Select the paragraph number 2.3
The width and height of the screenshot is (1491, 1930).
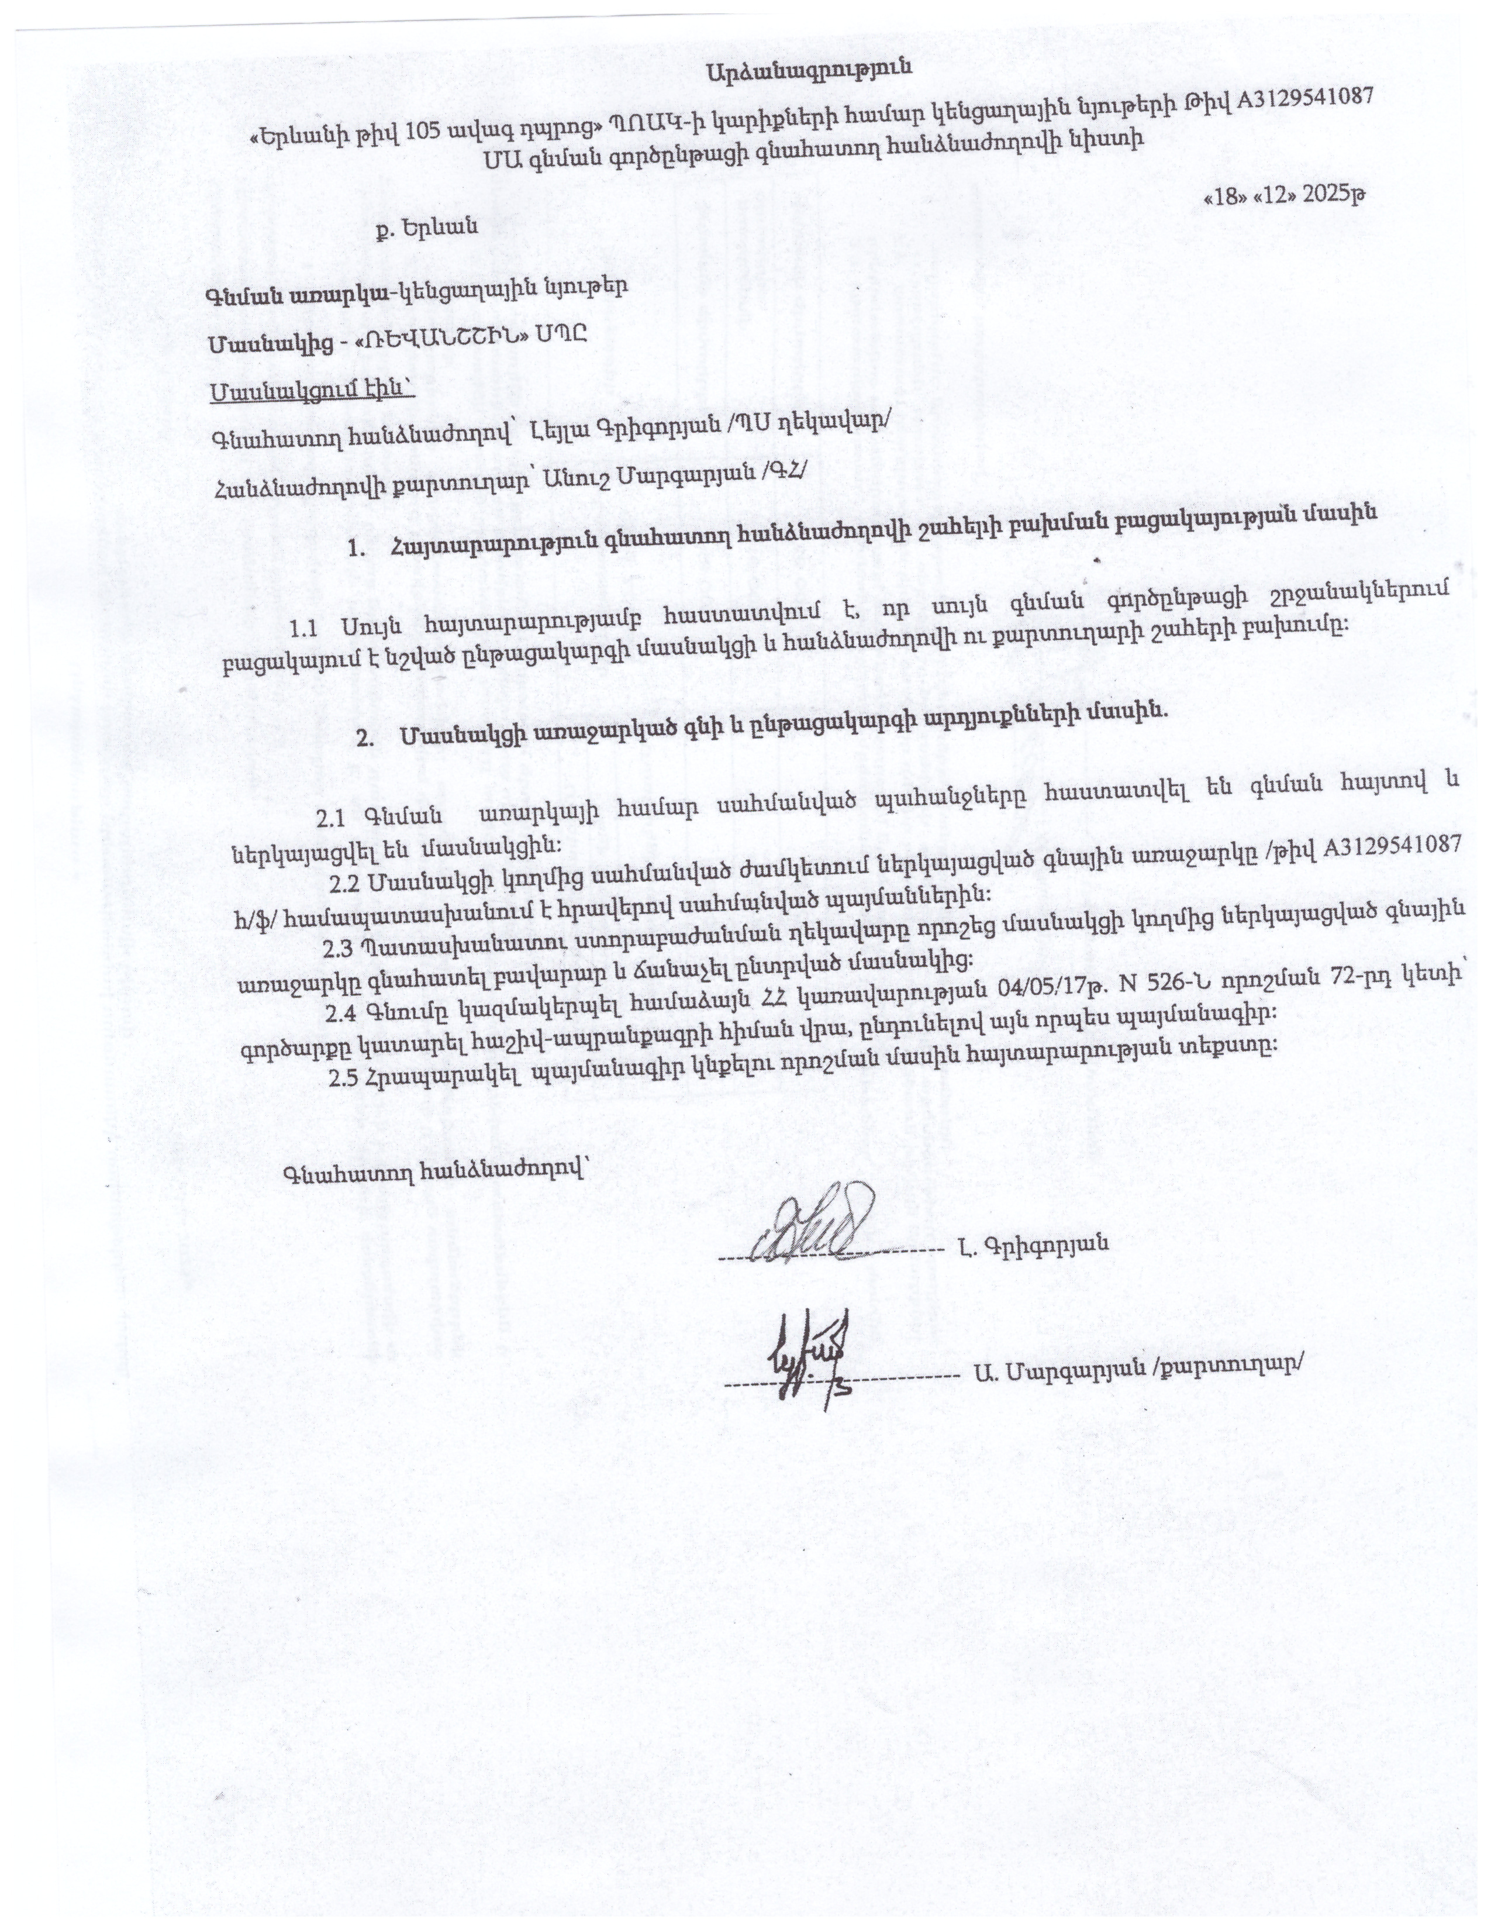pyautogui.click(x=339, y=948)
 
